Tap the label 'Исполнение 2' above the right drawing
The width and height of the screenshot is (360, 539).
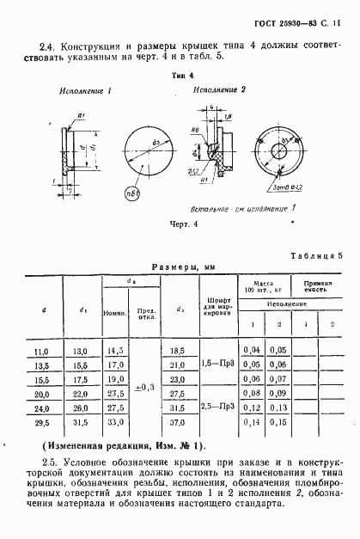coord(220,89)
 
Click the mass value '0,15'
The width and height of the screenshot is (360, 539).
coord(277,424)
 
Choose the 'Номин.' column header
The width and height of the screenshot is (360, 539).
coord(114,313)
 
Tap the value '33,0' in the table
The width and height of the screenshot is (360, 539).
coord(114,424)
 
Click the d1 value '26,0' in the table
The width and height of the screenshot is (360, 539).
coord(80,410)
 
